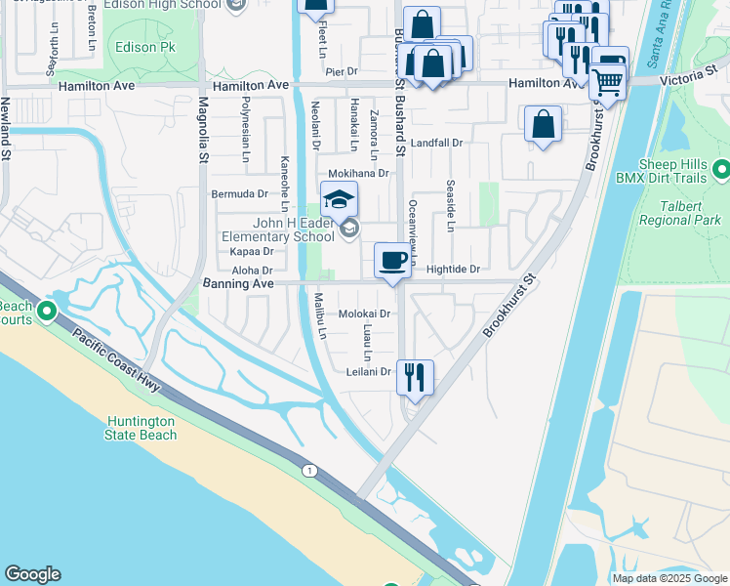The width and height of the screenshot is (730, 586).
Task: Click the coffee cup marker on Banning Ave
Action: pos(393,261)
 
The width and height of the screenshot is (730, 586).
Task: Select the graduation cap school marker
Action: pos(338,200)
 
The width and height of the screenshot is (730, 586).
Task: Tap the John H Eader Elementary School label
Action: pos(278,229)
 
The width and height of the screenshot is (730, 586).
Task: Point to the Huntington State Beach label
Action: pos(142,428)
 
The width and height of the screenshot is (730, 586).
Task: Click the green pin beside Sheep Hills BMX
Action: pos(721,171)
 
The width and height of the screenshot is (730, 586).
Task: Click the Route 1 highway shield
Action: pos(310,472)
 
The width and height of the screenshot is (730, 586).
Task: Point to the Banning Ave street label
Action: pos(235,283)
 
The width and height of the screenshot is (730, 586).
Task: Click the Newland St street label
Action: pos(6,127)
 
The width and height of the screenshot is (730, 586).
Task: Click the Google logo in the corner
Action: pos(32,574)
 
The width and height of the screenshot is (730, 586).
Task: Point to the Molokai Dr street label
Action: pos(364,314)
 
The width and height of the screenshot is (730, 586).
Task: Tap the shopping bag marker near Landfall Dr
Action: pos(543,126)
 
